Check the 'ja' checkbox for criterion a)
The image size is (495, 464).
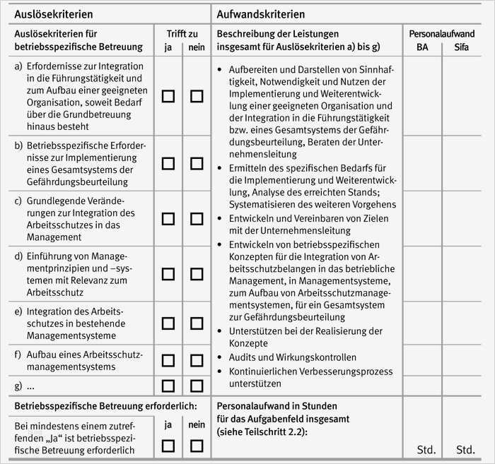pyautogui.click(x=168, y=96)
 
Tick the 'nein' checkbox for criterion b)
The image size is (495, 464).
pyautogui.click(x=197, y=163)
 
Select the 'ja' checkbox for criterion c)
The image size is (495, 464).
pyautogui.click(x=168, y=218)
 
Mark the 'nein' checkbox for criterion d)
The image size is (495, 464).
pyautogui.click(x=197, y=273)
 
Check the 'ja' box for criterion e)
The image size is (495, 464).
pyautogui.click(x=168, y=323)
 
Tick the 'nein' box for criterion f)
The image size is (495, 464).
pyautogui.click(x=197, y=360)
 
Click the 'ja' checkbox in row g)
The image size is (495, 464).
pyautogui.click(x=168, y=386)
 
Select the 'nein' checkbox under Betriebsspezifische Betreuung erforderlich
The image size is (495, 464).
pyautogui.click(x=197, y=445)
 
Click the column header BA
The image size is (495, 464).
pyautogui.click(x=421, y=47)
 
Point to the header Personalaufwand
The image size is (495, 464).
pyautogui.click(x=441, y=33)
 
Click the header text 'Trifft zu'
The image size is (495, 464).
pyautogui.click(x=182, y=33)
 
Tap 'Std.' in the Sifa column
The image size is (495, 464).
pyautogui.click(x=465, y=449)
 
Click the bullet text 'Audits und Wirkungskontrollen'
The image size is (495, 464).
pyautogui.click(x=292, y=357)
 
